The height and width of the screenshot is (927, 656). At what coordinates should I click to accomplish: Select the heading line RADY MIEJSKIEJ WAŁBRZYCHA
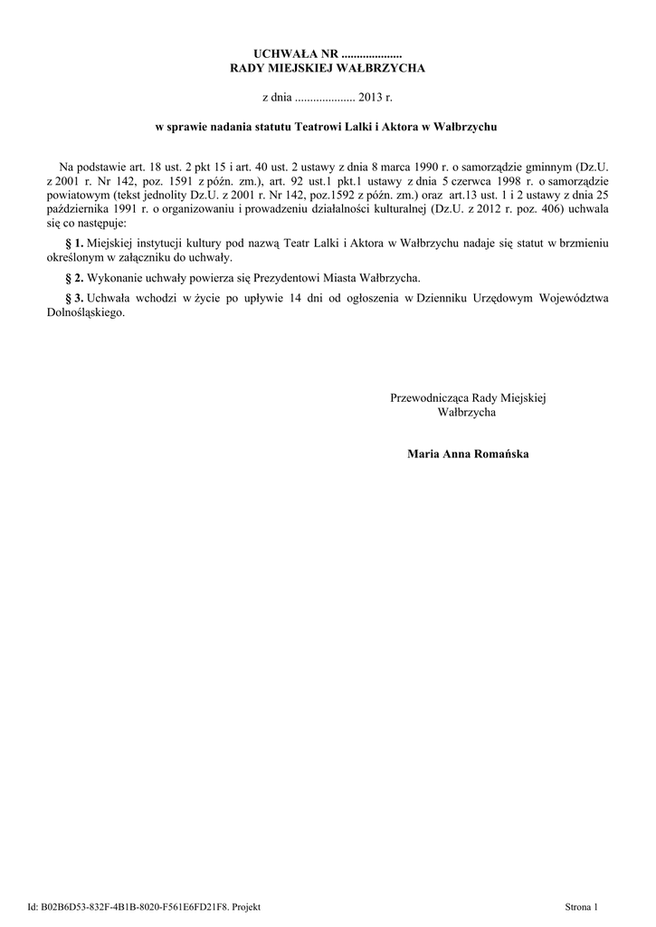pos(328,69)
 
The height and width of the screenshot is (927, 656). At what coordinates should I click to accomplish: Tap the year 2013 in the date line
pos(372,96)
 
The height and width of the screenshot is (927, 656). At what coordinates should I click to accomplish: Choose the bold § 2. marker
pos(75,277)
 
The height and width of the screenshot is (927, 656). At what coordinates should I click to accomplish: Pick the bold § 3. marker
pos(75,297)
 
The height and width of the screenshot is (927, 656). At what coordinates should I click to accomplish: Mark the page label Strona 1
pos(582,906)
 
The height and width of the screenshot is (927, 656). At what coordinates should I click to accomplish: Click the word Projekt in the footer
pos(246,906)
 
